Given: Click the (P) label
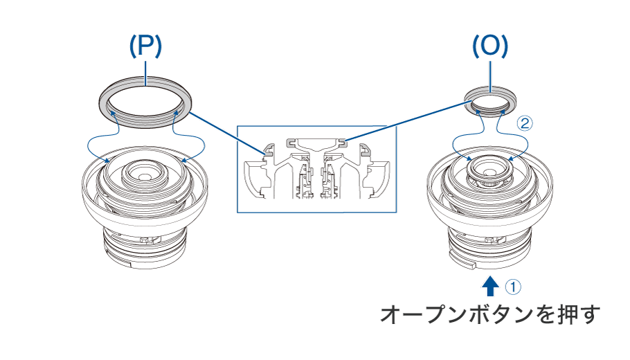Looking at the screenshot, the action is click(x=145, y=46).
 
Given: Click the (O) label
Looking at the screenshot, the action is click(x=490, y=46).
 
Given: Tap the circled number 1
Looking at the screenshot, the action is click(x=513, y=287).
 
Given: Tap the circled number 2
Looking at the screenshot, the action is click(x=524, y=123).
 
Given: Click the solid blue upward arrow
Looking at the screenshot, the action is click(x=490, y=286).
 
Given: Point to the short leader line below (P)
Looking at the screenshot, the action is click(x=146, y=73).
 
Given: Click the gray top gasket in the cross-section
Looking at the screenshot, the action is click(x=316, y=142).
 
